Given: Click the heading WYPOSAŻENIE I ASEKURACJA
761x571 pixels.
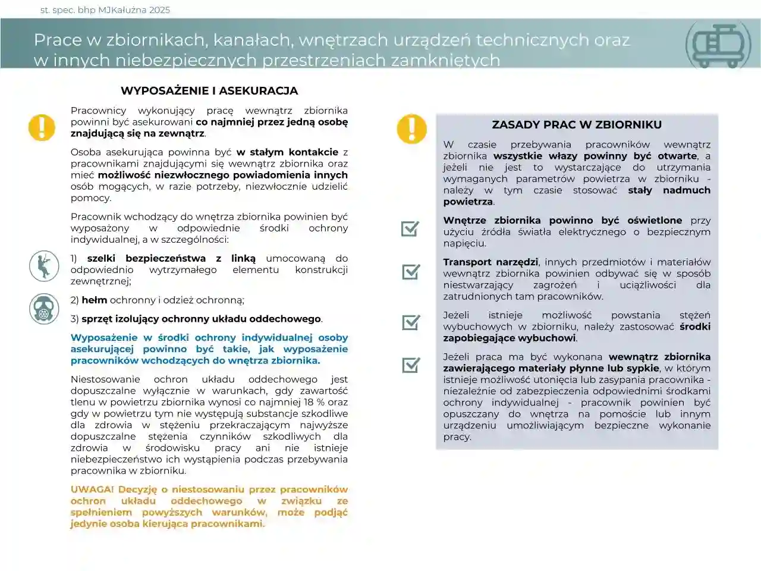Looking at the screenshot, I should point(209,91).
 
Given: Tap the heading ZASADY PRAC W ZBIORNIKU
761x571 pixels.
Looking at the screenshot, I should point(577,125).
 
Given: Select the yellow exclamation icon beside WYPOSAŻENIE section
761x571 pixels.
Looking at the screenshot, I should point(42,127).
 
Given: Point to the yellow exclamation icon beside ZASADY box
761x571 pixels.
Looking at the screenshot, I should point(411,128).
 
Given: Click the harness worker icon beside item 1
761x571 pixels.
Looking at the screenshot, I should point(44,265).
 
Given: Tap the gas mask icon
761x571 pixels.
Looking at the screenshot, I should point(44,309).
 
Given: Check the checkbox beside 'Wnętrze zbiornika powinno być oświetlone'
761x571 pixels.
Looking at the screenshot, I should point(410,228).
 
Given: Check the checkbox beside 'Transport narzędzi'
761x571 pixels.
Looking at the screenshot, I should point(411,271).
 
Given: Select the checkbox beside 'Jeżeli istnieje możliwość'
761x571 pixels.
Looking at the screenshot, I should point(411,322).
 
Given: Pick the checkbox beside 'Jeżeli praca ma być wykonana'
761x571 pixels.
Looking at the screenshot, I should point(411,365).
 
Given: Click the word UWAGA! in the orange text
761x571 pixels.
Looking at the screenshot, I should point(92,490).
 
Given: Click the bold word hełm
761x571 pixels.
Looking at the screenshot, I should point(94,300).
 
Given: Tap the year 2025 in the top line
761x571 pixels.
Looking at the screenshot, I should point(159,10).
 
